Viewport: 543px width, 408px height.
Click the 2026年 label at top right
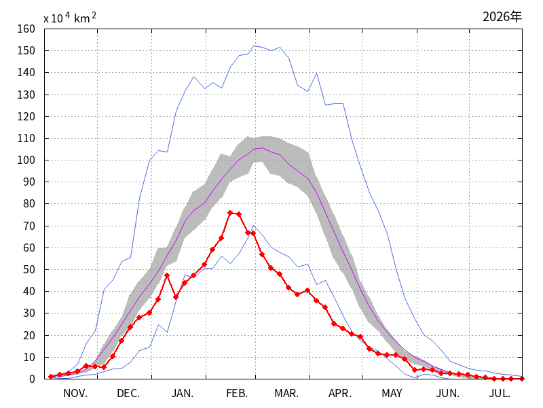click(x=502, y=16)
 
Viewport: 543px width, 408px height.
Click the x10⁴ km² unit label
click(x=70, y=18)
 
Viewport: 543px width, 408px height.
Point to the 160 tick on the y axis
click(x=26, y=29)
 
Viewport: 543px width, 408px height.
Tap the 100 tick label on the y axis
click(x=26, y=160)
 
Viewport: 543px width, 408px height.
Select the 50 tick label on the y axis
click(x=29, y=269)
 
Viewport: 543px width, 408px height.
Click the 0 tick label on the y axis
click(x=32, y=379)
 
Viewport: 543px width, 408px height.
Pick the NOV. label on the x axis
click(x=75, y=394)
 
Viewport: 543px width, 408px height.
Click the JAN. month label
click(x=183, y=394)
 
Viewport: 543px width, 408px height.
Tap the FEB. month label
click(x=237, y=394)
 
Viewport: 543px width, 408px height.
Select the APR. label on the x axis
click(x=340, y=394)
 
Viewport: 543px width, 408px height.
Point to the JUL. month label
click(x=500, y=394)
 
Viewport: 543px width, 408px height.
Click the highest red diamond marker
click(x=230, y=213)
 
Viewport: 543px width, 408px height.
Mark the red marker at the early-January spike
click(x=167, y=275)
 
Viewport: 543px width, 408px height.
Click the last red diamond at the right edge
click(x=522, y=379)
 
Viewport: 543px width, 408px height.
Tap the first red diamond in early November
click(x=51, y=377)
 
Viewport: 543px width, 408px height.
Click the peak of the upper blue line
click(x=254, y=46)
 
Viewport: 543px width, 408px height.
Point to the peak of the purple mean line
click(x=262, y=148)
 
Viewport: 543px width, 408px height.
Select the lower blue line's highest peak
click(x=253, y=226)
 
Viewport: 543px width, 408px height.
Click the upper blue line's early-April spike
click(x=316, y=73)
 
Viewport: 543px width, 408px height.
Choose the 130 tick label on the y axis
click(x=26, y=95)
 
